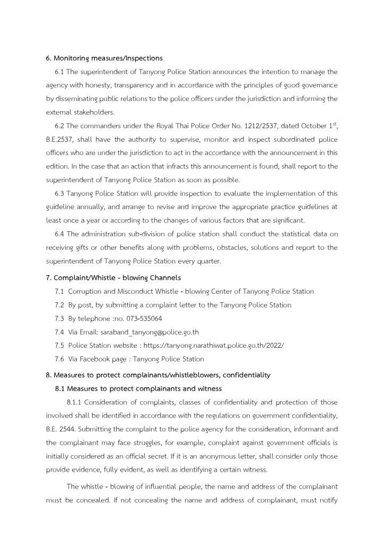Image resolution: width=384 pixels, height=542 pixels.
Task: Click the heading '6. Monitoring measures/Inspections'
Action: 104,58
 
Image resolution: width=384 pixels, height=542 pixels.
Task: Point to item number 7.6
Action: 59,359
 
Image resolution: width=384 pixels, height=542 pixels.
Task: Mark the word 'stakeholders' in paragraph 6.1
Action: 94,112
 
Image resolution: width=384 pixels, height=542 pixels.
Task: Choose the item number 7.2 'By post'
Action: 59,305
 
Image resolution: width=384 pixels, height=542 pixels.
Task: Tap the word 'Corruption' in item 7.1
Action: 85,291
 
